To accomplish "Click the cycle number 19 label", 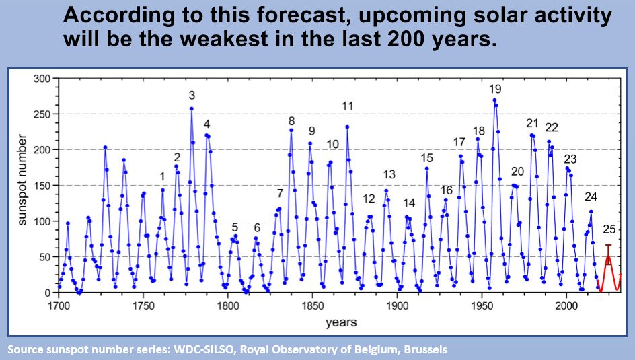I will pyautogui.click(x=495, y=89).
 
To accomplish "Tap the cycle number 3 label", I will pyautogui.click(x=192, y=95).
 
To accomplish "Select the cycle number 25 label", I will pyautogui.click(x=609, y=229).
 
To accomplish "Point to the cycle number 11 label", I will pyautogui.click(x=348, y=106).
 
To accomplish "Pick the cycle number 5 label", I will pyautogui.click(x=235, y=227).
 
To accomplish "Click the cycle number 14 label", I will pyautogui.click(x=409, y=203).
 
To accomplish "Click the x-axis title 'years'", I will pyautogui.click(x=341, y=322).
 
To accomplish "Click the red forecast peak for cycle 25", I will pyautogui.click(x=609, y=256).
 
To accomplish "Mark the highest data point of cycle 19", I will pyautogui.click(x=494, y=100).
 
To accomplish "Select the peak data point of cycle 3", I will pyautogui.click(x=192, y=108).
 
